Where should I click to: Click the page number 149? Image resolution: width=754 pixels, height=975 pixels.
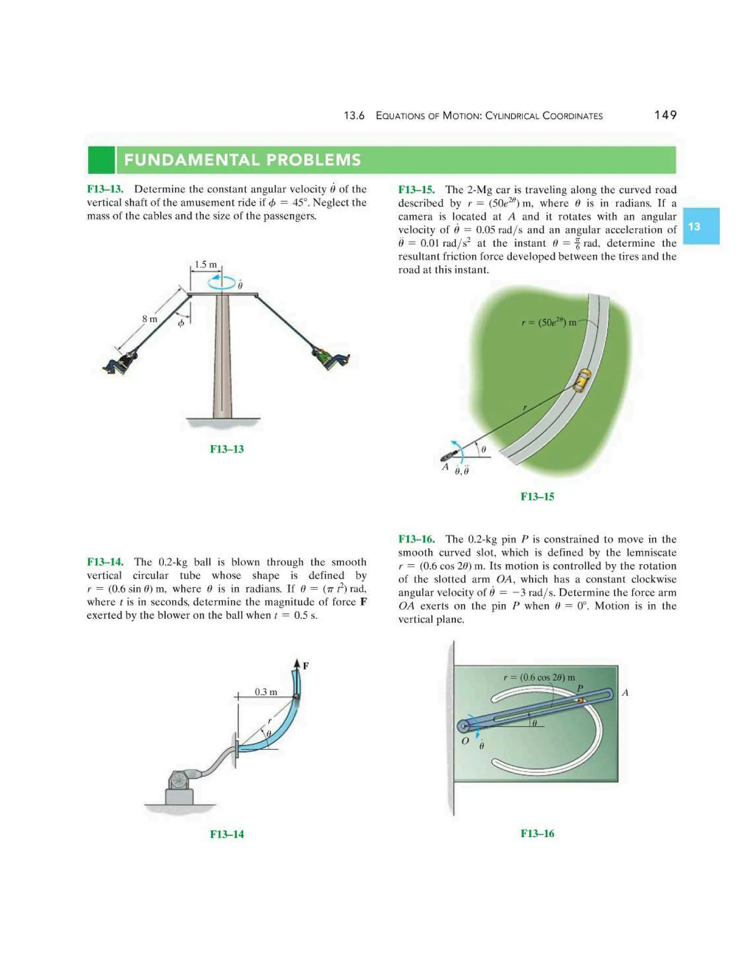click(x=665, y=115)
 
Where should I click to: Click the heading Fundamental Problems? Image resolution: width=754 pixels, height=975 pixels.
click(x=242, y=160)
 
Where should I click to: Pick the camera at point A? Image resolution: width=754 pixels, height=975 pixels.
click(x=448, y=456)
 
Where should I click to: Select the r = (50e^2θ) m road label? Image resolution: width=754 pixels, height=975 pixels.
click(x=549, y=322)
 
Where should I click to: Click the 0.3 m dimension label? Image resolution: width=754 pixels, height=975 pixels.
click(x=266, y=692)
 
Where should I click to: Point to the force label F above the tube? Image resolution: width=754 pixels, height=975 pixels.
click(x=306, y=666)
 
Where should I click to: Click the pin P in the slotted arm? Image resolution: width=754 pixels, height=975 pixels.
click(x=580, y=701)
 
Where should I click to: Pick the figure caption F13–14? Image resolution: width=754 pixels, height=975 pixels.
click(x=227, y=834)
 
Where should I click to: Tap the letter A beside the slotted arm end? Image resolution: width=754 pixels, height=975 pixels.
click(x=625, y=692)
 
